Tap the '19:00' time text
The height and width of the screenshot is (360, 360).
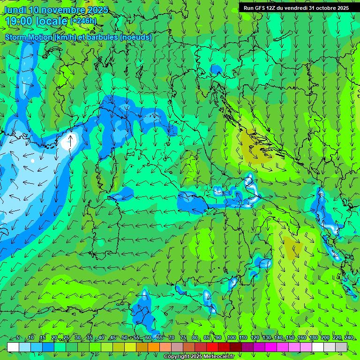click(x=19, y=21)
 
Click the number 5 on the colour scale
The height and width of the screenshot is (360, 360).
click(x=18, y=338)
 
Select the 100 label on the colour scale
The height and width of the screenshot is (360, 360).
click(x=232, y=338)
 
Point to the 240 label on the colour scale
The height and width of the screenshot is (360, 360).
click(x=349, y=338)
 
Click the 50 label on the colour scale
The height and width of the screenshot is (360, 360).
click(x=125, y=338)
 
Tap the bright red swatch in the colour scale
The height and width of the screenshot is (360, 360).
click(x=212, y=347)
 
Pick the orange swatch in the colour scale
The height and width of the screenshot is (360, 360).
click(x=154, y=347)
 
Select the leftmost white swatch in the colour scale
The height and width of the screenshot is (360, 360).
click(x=13, y=347)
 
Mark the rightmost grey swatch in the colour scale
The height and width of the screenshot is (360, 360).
click(x=341, y=347)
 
